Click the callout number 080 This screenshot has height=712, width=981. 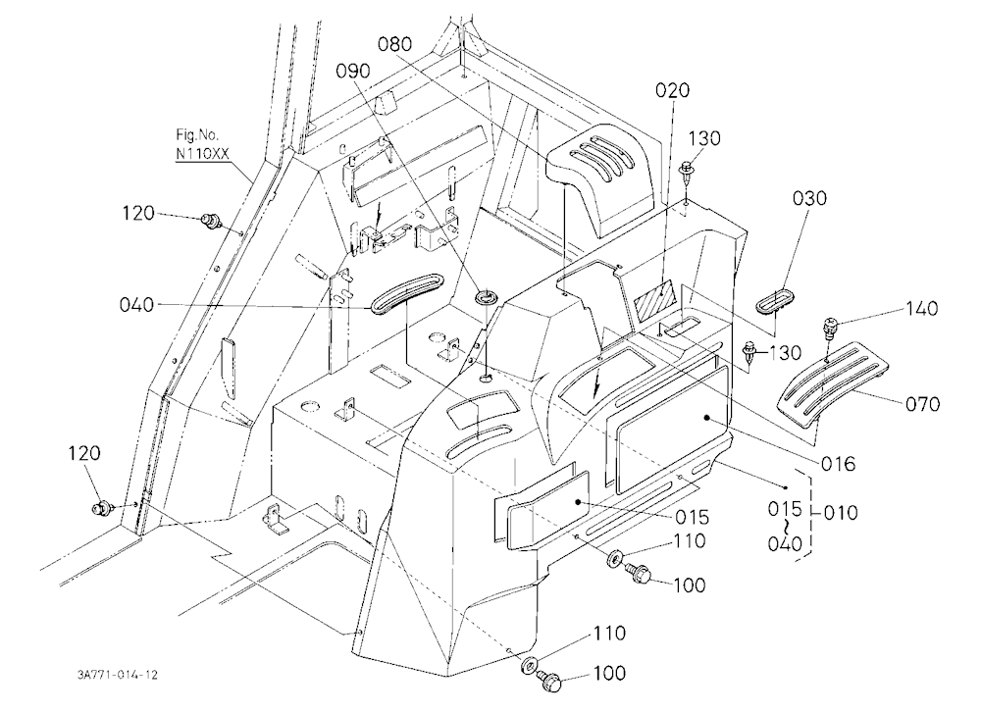click(394, 44)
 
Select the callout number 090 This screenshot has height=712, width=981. click(353, 72)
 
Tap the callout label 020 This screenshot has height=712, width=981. click(673, 90)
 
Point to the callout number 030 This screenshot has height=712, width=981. click(809, 198)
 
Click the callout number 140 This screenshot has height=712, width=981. click(921, 309)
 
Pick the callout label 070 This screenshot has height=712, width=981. click(923, 404)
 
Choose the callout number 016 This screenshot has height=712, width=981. click(838, 464)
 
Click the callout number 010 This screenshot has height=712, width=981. click(841, 513)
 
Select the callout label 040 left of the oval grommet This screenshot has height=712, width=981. click(136, 305)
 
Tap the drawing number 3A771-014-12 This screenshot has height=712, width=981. click(117, 675)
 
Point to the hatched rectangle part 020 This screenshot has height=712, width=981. click(653, 299)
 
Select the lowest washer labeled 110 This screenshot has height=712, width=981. click(530, 664)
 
